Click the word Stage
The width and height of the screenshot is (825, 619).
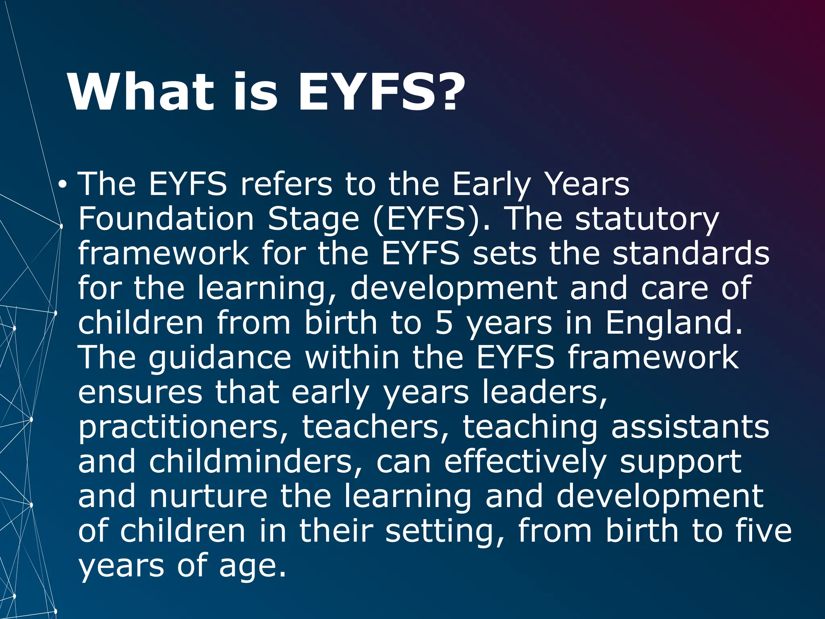pos(313,220)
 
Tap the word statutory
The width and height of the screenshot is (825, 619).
pos(647,220)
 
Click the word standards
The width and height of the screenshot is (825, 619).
pos(691,253)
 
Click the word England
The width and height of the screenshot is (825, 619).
pos(674,323)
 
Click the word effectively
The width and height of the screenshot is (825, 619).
pos(525,462)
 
